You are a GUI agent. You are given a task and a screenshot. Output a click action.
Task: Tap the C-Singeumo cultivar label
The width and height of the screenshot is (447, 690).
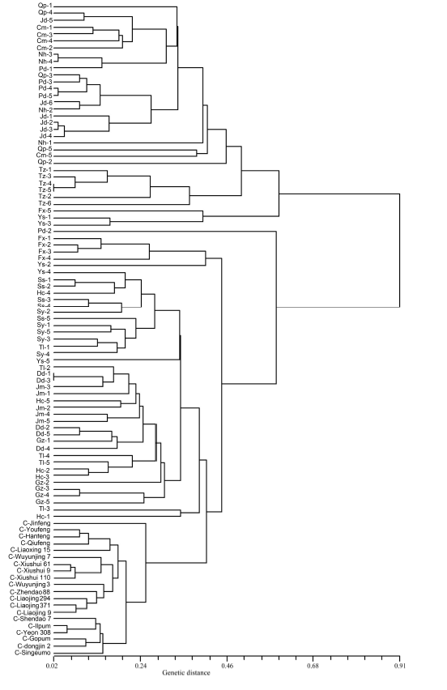click(x=34, y=653)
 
